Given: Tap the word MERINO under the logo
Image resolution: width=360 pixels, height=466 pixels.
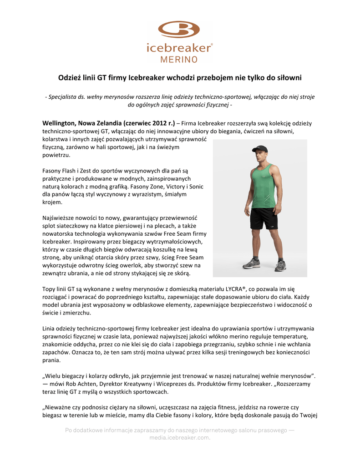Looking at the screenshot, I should [x=179, y=59].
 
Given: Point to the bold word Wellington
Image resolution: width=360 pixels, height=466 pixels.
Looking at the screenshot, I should [x=59, y=123].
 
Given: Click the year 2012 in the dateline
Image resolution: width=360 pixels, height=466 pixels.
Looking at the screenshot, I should [x=157, y=123].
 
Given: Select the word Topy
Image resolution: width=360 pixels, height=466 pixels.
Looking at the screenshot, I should [x=49, y=289].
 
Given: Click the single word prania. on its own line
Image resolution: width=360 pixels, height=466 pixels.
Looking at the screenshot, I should [x=51, y=360].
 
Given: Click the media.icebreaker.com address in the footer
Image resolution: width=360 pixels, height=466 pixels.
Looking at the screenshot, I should [x=180, y=438].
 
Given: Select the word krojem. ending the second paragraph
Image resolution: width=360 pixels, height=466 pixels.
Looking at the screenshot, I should [x=52, y=202].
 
